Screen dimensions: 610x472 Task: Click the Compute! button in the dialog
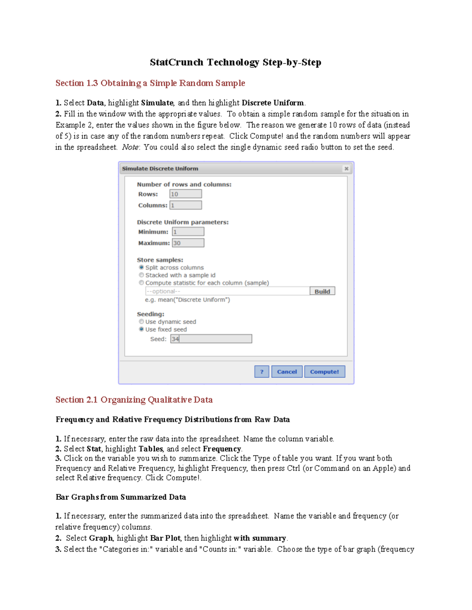[324, 372]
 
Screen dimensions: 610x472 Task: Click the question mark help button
[262, 372]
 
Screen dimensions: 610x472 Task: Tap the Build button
[322, 291]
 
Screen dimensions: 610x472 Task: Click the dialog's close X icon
[346, 169]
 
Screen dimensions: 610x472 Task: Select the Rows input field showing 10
[186, 194]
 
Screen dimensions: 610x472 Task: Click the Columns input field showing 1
[186, 205]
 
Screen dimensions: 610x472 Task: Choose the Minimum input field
[188, 232]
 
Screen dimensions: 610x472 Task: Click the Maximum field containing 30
[188, 243]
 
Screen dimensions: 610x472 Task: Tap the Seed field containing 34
[211, 339]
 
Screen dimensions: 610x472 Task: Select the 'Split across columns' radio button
[142, 267]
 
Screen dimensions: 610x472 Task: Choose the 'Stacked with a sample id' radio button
[142, 275]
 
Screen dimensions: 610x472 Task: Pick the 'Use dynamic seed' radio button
[142, 322]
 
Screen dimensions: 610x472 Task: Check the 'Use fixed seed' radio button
[142, 329]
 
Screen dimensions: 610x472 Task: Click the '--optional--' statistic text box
[227, 291]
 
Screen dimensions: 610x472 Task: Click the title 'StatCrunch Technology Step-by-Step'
[236, 62]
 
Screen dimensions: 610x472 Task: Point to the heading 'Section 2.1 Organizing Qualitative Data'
[134, 400]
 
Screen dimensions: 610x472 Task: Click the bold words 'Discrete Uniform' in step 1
[273, 103]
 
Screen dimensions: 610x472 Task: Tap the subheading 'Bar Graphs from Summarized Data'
[121, 497]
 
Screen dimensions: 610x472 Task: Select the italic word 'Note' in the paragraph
[130, 147]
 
